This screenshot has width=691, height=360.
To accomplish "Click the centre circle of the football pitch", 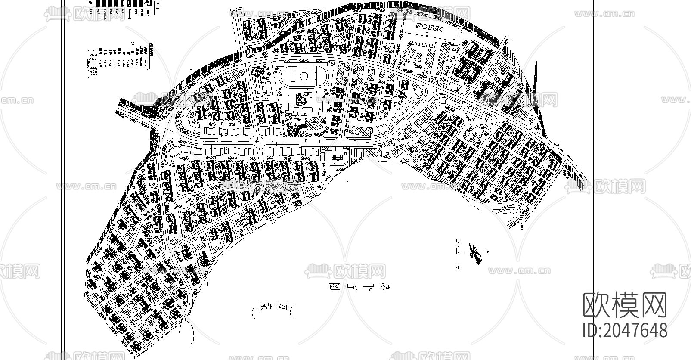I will [304, 77].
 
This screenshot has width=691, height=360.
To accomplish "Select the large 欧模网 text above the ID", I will [625, 305].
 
